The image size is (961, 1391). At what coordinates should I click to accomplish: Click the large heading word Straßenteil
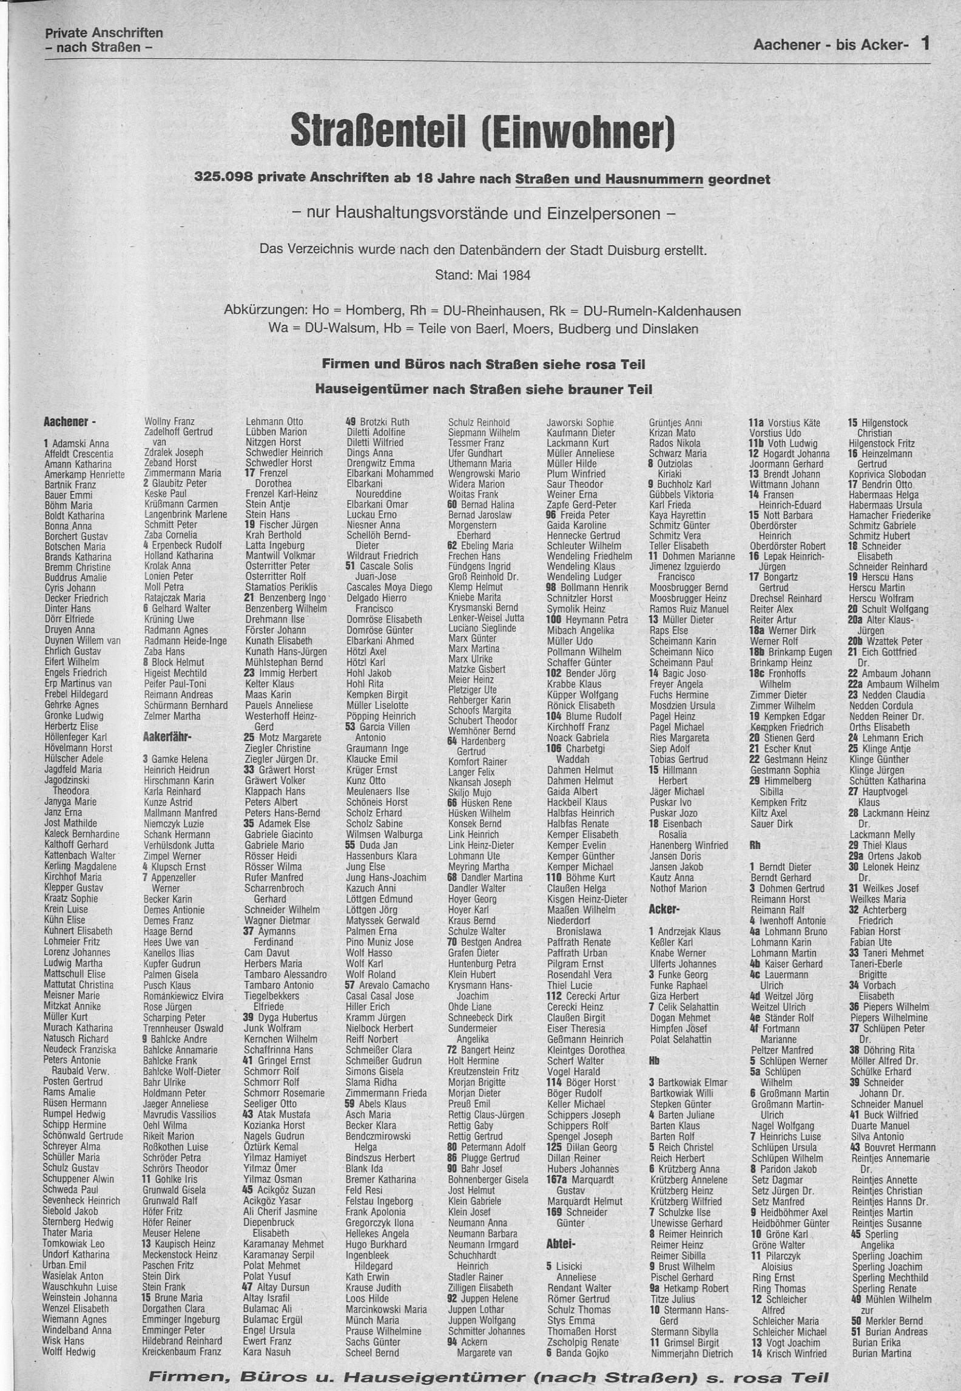click(x=377, y=130)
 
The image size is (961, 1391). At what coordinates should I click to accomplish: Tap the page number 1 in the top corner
click(x=925, y=43)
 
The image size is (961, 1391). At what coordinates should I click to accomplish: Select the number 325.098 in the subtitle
click(x=224, y=178)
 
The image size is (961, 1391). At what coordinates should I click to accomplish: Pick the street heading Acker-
click(x=664, y=909)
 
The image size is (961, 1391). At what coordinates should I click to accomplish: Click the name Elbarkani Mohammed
click(x=389, y=473)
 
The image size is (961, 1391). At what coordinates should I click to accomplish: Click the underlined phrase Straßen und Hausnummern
click(x=609, y=179)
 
